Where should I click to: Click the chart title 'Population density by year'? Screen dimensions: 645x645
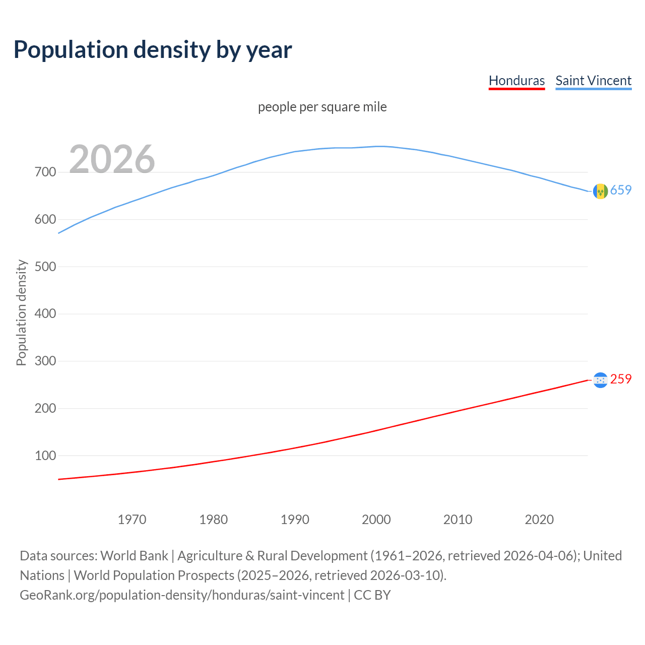tap(153, 50)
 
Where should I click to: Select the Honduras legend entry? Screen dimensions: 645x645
tap(517, 81)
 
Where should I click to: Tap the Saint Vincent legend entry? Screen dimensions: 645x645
tap(593, 81)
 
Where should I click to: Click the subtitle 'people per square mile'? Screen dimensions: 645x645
tap(322, 107)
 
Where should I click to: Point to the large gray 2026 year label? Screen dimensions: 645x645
tap(112, 159)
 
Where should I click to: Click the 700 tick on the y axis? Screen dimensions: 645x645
tap(45, 172)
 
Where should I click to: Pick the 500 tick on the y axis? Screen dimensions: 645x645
tap(45, 267)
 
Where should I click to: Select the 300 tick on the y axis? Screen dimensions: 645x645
tap(45, 361)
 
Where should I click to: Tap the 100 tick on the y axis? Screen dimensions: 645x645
tap(45, 456)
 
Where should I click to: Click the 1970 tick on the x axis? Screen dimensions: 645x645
tap(132, 520)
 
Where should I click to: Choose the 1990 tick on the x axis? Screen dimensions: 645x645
tap(295, 520)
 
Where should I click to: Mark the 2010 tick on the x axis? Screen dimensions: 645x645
tap(458, 520)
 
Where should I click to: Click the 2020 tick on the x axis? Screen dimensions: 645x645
tap(539, 520)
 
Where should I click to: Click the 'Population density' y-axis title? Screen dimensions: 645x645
tap(21, 312)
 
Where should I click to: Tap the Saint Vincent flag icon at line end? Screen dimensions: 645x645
tap(600, 191)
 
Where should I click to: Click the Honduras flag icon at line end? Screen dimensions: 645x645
tap(600, 380)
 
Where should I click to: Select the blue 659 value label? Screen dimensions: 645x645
tap(621, 190)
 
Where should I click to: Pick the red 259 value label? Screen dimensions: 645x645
tap(621, 379)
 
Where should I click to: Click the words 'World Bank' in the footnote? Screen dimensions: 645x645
tap(134, 555)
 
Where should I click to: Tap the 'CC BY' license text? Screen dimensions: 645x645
tap(372, 595)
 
